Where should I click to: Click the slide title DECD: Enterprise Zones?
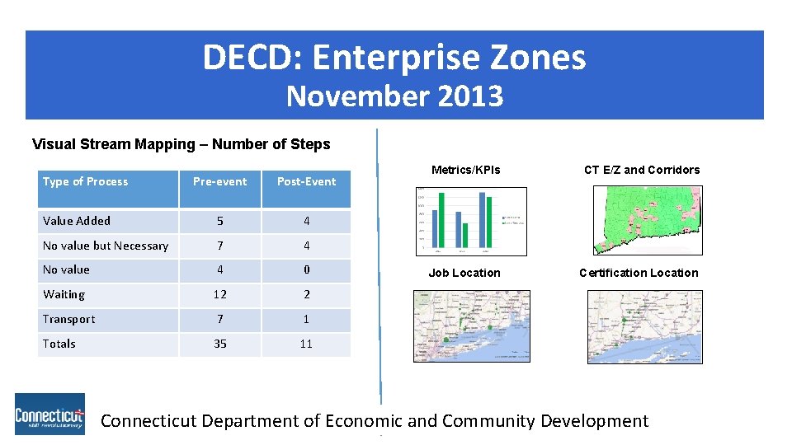click(394, 58)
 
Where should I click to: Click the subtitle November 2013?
click(394, 96)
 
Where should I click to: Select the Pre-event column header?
click(219, 181)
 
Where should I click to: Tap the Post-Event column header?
click(306, 181)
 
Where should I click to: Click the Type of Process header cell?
click(86, 181)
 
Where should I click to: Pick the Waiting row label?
click(64, 294)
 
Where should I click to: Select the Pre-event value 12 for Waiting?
click(219, 294)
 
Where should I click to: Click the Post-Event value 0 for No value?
click(306, 269)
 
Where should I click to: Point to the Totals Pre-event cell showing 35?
click(219, 344)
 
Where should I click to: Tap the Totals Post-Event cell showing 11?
click(306, 344)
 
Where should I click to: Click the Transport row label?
click(68, 319)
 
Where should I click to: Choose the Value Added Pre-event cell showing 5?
click(219, 221)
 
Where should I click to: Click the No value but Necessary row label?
click(106, 246)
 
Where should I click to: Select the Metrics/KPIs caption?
click(465, 170)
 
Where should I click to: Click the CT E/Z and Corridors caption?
click(641, 170)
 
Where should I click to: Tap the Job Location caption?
click(464, 273)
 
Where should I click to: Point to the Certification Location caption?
click(639, 273)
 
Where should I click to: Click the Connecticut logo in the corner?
click(49, 414)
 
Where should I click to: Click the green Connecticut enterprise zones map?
click(647, 220)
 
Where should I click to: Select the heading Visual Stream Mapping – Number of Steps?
click(181, 144)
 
